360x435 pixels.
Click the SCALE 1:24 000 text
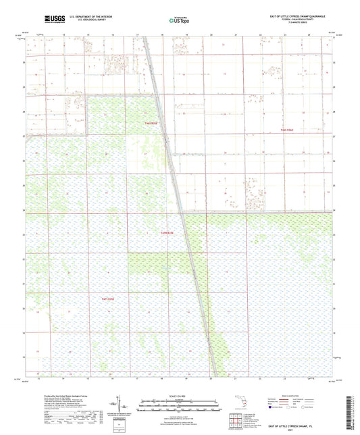click(179, 396)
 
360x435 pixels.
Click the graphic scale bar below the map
click(179, 405)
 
